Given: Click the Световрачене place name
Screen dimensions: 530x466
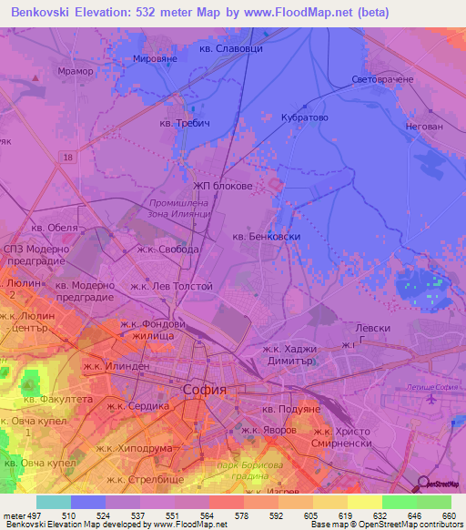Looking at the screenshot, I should (x=382, y=79).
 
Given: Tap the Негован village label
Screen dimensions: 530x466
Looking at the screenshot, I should (x=424, y=127).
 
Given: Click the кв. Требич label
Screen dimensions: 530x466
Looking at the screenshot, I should (x=185, y=123).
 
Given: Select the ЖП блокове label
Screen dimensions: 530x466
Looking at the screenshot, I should (x=222, y=186).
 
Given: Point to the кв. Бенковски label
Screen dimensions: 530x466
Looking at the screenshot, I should (x=267, y=236).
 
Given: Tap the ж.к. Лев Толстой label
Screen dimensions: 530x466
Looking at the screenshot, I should (x=171, y=286).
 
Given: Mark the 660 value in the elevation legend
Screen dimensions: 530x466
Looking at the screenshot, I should (x=448, y=515).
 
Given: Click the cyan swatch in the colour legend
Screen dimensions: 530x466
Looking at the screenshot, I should (x=53, y=502).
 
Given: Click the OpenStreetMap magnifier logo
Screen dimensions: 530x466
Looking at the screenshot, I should (x=423, y=484).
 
